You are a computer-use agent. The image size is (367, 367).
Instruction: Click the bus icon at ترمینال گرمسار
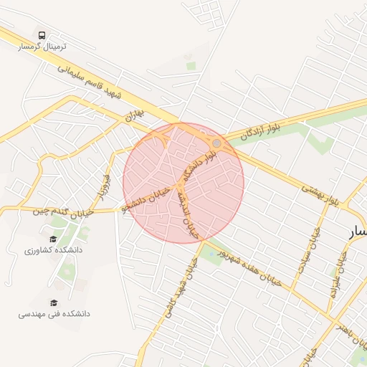(x=42, y=34)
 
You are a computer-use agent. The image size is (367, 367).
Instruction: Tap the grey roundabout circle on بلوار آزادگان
(x=216, y=143)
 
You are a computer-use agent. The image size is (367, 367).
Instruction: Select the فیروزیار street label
(x=104, y=184)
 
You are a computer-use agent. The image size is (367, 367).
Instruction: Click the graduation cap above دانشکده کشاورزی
(x=53, y=239)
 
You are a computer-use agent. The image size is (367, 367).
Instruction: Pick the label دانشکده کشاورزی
(x=54, y=250)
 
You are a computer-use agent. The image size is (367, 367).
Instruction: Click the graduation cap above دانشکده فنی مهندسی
(x=53, y=302)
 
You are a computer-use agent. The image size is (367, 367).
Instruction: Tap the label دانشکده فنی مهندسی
(x=54, y=313)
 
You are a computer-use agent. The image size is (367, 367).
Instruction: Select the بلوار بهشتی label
(x=318, y=194)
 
